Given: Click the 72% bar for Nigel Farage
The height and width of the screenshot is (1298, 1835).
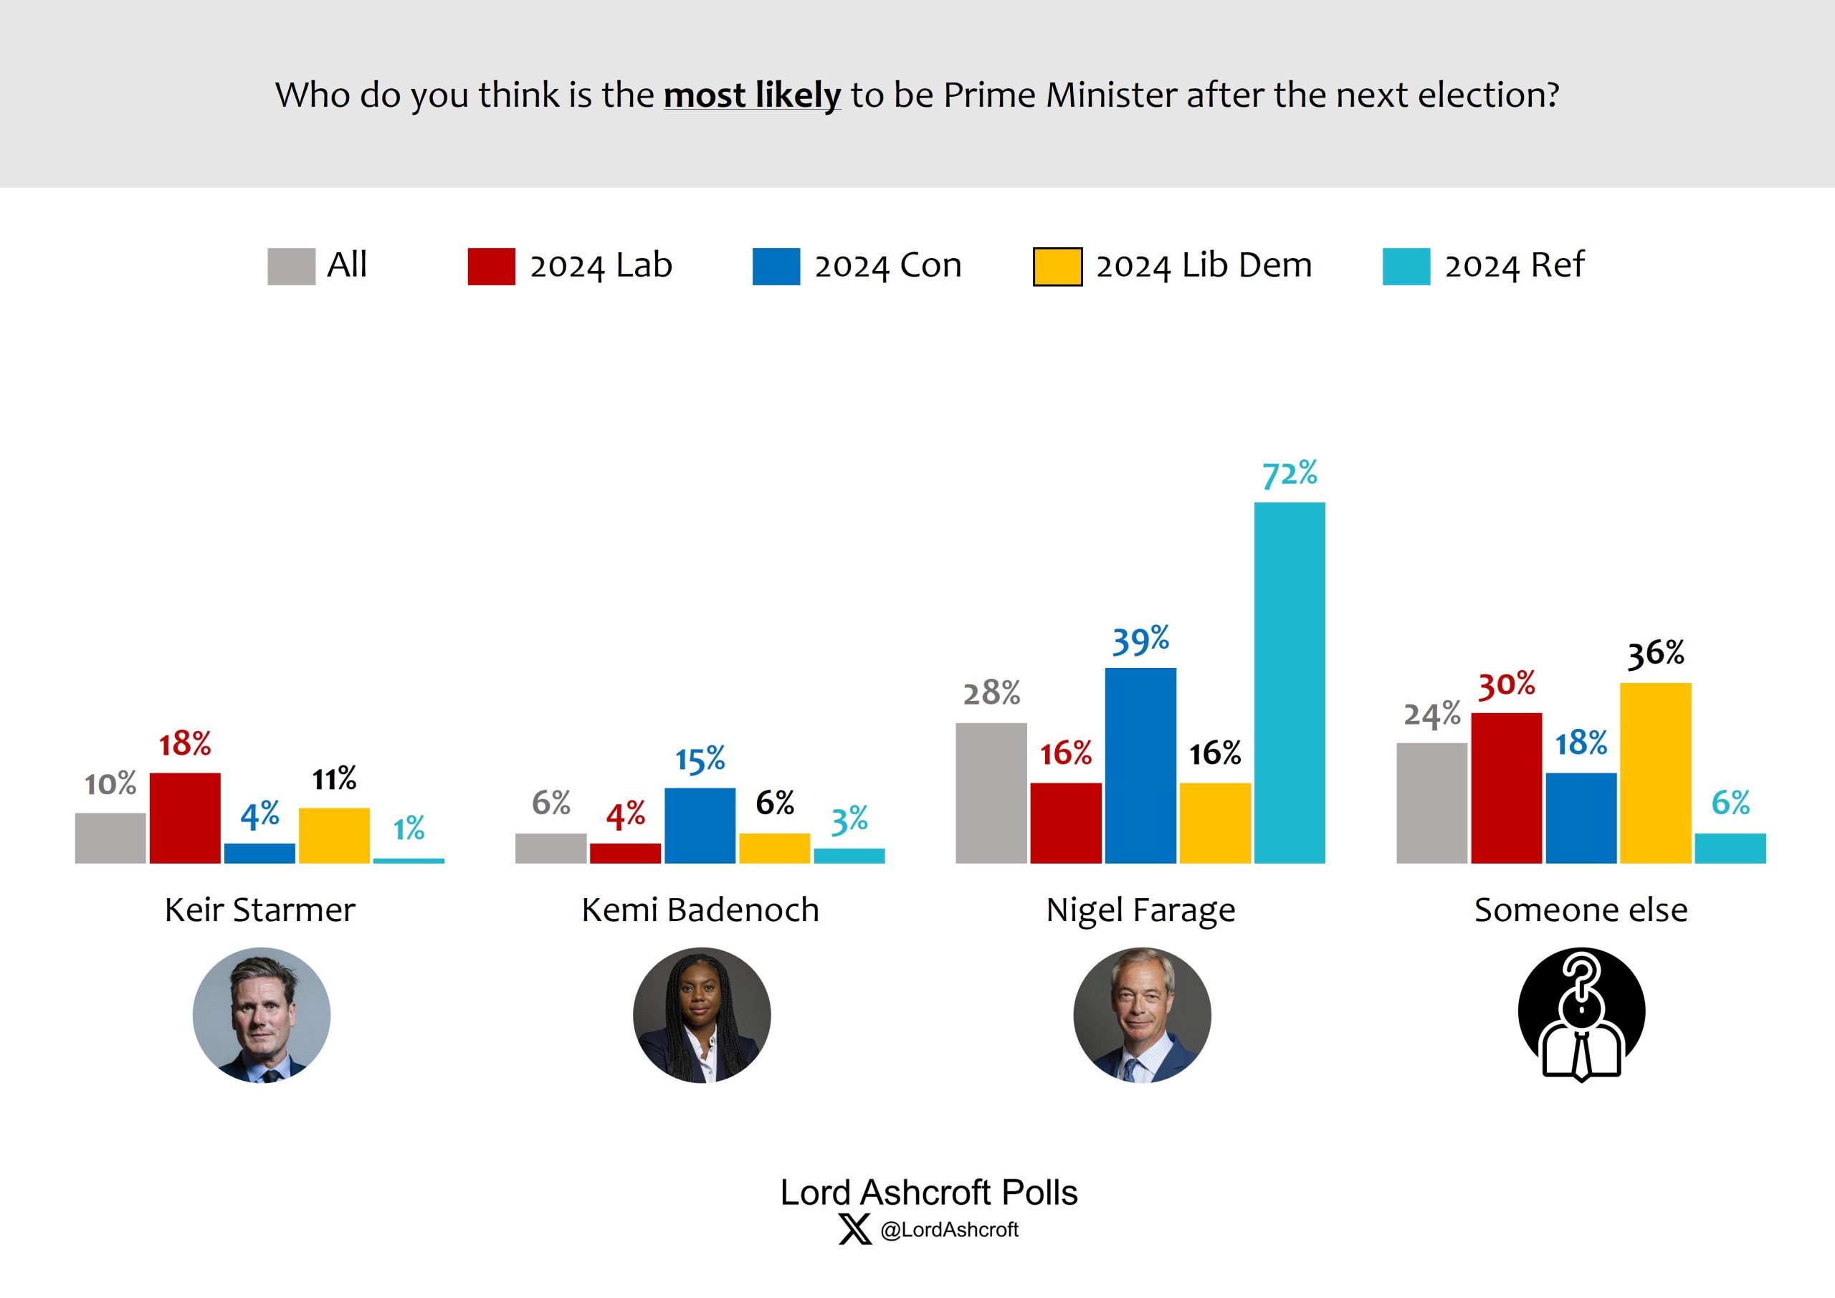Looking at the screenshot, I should coord(1289,682).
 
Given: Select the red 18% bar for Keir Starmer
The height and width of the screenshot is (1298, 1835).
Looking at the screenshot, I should coord(185,818).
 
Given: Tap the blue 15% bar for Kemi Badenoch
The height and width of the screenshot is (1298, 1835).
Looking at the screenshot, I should coord(700,825).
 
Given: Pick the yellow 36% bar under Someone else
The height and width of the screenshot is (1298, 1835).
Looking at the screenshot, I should coord(1655,772).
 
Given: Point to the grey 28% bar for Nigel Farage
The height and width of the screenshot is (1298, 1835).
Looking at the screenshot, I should coord(991,793).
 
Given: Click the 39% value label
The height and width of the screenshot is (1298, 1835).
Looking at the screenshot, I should coord(1140,641).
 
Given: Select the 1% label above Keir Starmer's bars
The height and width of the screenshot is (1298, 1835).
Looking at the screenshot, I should coord(409,828).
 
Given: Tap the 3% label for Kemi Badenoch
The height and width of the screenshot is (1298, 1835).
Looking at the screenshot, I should coord(849,821).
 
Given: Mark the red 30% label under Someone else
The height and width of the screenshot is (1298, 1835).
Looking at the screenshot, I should coord(1506,685).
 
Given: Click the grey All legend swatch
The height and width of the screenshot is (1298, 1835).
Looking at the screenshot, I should coord(291,266).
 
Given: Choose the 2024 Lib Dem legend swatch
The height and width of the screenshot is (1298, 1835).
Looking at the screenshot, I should coord(1057,266).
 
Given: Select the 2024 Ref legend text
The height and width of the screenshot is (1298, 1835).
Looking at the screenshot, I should coord(1514,265).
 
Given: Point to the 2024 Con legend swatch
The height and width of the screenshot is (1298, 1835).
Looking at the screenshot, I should coord(776,266).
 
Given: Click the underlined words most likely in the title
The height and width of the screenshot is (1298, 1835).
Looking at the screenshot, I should coord(752,95).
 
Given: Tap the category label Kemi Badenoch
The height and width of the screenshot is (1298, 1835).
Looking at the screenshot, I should coord(700,910).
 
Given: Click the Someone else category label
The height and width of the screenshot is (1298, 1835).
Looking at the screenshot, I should coord(1581,910).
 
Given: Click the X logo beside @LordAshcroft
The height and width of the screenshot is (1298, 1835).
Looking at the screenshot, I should coord(854,1229).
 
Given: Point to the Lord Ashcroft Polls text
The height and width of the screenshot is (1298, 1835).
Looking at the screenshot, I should coord(929,1193).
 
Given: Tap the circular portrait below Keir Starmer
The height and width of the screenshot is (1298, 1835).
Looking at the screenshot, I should coord(262,1015).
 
